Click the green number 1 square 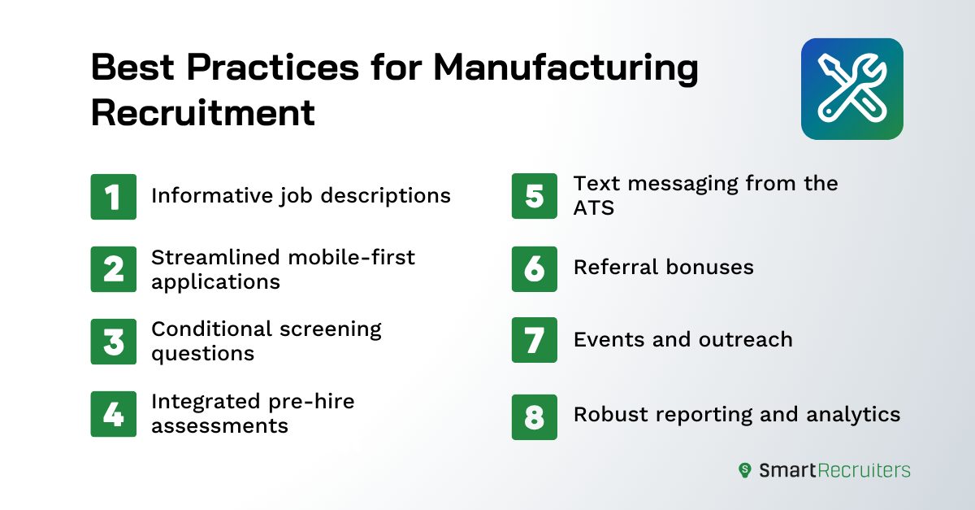click(114, 196)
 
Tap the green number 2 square click(114, 269)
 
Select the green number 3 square click(114, 341)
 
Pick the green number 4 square click(114, 414)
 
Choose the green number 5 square click(535, 196)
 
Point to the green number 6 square click(535, 269)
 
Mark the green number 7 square click(535, 340)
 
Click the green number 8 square click(535, 416)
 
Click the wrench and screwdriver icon click(851, 89)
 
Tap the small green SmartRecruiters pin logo click(744, 470)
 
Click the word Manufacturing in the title click(565, 68)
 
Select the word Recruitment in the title click(202, 112)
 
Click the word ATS click(594, 207)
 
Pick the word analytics click(853, 414)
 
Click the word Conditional click(209, 329)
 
